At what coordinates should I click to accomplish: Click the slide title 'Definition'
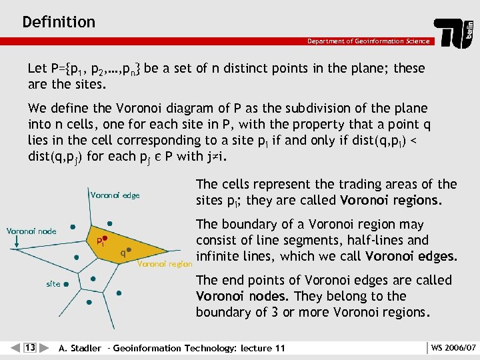[59, 22]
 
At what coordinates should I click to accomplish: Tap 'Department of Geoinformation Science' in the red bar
[368, 41]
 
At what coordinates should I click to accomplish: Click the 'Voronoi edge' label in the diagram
[115, 195]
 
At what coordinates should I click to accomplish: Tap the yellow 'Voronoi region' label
[164, 264]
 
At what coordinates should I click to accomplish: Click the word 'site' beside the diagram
[53, 283]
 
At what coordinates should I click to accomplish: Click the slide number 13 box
[30, 347]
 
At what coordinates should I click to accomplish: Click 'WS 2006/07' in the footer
[453, 347]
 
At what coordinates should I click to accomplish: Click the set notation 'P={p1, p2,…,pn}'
[93, 69]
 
